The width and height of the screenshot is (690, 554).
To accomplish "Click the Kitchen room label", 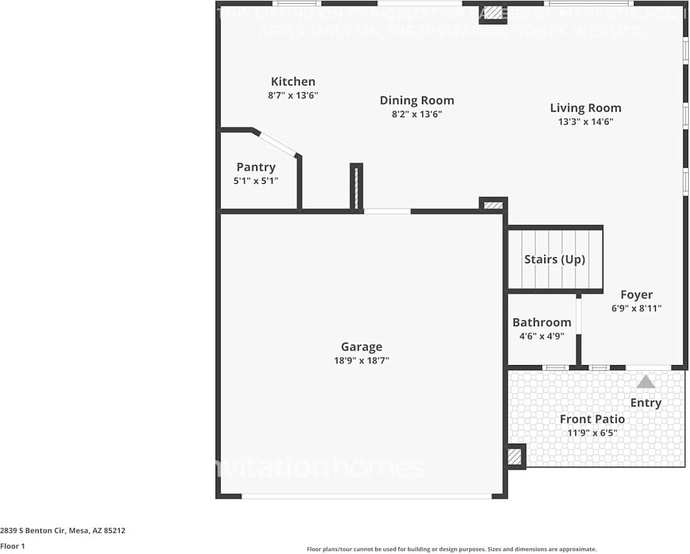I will [x=293, y=82].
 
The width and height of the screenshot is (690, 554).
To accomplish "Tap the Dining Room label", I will [x=416, y=100].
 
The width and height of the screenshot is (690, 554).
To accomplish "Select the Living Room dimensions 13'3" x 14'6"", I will [x=585, y=122].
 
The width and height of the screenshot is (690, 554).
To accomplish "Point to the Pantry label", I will [x=256, y=167].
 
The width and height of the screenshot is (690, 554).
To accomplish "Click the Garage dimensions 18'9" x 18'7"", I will [x=362, y=360].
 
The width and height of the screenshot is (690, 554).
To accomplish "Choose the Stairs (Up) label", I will [x=554, y=259].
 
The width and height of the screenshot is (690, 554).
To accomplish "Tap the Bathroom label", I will [x=542, y=322].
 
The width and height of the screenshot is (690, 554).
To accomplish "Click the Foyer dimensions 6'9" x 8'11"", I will [x=636, y=308].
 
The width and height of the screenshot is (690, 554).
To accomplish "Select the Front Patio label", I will [x=592, y=419].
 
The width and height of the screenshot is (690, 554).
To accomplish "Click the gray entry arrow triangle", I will [x=646, y=381].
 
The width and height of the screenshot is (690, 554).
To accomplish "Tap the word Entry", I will [x=645, y=403].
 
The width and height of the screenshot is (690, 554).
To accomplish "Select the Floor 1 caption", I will [x=12, y=546].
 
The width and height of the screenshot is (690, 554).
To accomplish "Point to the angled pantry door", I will [x=277, y=144].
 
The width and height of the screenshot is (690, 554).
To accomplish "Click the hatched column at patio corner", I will [x=514, y=457].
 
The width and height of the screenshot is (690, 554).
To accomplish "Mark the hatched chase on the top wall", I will [x=493, y=12].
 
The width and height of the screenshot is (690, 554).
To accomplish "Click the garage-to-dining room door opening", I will [x=387, y=211].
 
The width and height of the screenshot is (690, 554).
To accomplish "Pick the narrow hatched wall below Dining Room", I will [x=357, y=187].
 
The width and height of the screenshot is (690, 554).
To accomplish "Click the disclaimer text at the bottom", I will [x=451, y=549].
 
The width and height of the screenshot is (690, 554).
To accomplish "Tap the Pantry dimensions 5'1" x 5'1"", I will [x=256, y=181].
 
